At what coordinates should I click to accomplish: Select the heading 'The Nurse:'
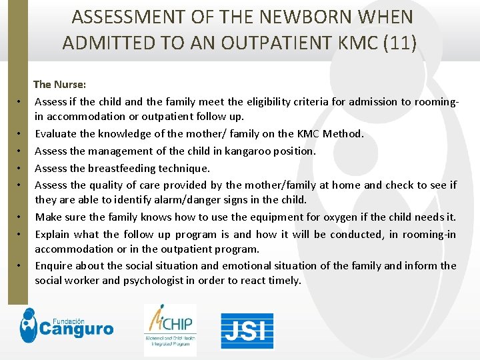click(x=59, y=84)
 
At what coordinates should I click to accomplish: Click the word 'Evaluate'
click(x=56, y=134)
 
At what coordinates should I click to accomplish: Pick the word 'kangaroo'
click(x=251, y=151)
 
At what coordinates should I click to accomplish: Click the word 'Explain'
click(x=53, y=234)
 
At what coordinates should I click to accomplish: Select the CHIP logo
click(x=170, y=329)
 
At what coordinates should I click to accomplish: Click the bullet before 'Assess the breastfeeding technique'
click(x=21, y=168)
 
